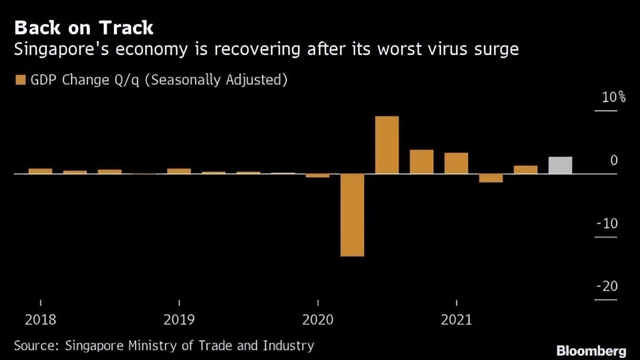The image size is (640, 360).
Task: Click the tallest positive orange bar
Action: [x=387, y=145]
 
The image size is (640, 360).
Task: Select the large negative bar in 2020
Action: [x=352, y=215]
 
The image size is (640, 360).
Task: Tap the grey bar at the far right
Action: [x=560, y=165]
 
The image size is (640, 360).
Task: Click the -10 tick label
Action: [x=606, y=224]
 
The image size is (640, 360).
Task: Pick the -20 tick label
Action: [x=606, y=286]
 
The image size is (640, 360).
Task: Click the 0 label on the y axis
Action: [x=614, y=160]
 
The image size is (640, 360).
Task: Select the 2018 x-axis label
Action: [x=40, y=320]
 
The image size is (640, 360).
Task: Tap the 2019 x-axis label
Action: [x=179, y=320]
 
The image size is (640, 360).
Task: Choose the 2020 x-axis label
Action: [x=318, y=320]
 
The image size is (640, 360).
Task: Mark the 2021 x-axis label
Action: [x=456, y=320]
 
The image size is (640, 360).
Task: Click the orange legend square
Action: [x=21, y=80]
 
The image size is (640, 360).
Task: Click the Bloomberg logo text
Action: [x=591, y=351]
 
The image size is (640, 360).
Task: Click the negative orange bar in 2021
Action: [x=491, y=178]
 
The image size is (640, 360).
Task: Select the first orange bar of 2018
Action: [x=40, y=171]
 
